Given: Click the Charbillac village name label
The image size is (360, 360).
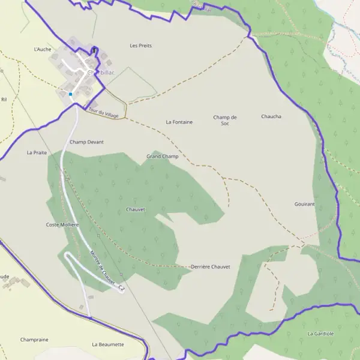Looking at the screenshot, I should point(100,73).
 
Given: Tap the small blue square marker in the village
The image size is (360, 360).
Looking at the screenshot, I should point(70,94).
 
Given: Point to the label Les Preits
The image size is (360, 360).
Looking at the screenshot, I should point(141,45).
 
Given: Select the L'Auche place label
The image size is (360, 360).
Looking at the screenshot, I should point(43,49).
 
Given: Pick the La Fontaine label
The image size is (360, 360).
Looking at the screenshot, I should point(179,122).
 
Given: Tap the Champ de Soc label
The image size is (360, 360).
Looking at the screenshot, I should point(225,120).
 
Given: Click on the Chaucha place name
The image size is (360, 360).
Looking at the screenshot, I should point(271,116).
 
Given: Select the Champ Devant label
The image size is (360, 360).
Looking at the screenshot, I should point(86,142).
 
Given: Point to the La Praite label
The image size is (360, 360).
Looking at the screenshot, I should point(37,153).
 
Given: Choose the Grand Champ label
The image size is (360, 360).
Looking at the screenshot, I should point(163,157).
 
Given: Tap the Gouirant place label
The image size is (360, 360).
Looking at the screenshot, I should point(305,205).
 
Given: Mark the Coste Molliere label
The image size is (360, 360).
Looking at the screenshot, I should point(62,225).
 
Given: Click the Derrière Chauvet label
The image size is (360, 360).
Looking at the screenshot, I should point(210,266).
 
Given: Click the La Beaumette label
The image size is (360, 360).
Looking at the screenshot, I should point(108,344).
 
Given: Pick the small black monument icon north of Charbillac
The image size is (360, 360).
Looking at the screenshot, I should point(94,51).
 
